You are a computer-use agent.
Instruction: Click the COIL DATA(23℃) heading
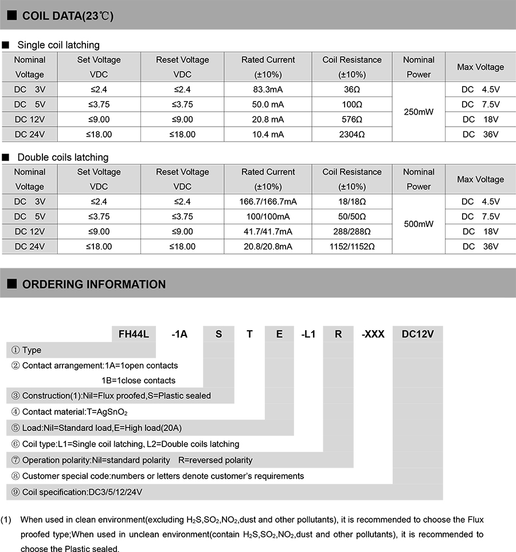click(68, 15)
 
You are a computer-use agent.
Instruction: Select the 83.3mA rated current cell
click(268, 89)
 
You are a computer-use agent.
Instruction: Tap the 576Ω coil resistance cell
click(351, 119)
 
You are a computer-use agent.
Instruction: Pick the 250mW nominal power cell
click(419, 112)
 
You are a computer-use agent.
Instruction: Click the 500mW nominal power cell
click(419, 224)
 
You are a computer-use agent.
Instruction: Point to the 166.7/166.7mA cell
click(268, 202)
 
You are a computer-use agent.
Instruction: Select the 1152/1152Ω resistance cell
click(351, 246)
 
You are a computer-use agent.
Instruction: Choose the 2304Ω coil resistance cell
click(351, 134)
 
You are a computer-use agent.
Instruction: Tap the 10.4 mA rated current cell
click(268, 134)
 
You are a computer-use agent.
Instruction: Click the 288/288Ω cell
click(351, 232)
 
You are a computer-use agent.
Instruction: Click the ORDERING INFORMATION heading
click(93, 284)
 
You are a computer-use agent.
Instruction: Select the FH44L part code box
click(133, 334)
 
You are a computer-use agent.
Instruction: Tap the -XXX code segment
click(373, 334)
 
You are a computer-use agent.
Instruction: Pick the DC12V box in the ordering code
click(417, 334)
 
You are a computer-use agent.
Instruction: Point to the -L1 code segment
click(308, 334)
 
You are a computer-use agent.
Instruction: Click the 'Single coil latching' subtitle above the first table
click(58, 45)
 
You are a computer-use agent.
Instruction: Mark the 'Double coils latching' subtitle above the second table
click(62, 157)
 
